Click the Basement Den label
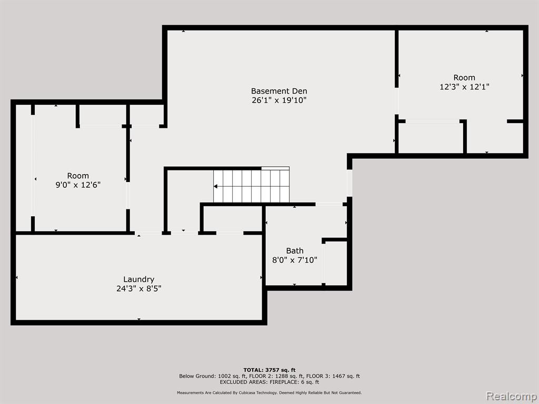pos(279,91)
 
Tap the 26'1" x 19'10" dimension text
pos(279,100)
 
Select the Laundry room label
pos(139,280)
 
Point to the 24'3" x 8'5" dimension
pos(139,289)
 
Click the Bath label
pos(295,251)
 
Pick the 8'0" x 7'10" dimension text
pos(295,260)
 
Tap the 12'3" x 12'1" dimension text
pos(464,87)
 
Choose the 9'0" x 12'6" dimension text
pos(78,185)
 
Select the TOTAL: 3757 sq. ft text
pos(269,370)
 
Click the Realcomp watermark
pos(512,396)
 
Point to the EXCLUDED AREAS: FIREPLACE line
pos(269,382)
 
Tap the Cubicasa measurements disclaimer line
pos(269,392)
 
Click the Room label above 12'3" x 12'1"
pos(464,78)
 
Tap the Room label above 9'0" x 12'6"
pos(78,176)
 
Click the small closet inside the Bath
pos(336,263)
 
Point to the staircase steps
pos(251,186)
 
